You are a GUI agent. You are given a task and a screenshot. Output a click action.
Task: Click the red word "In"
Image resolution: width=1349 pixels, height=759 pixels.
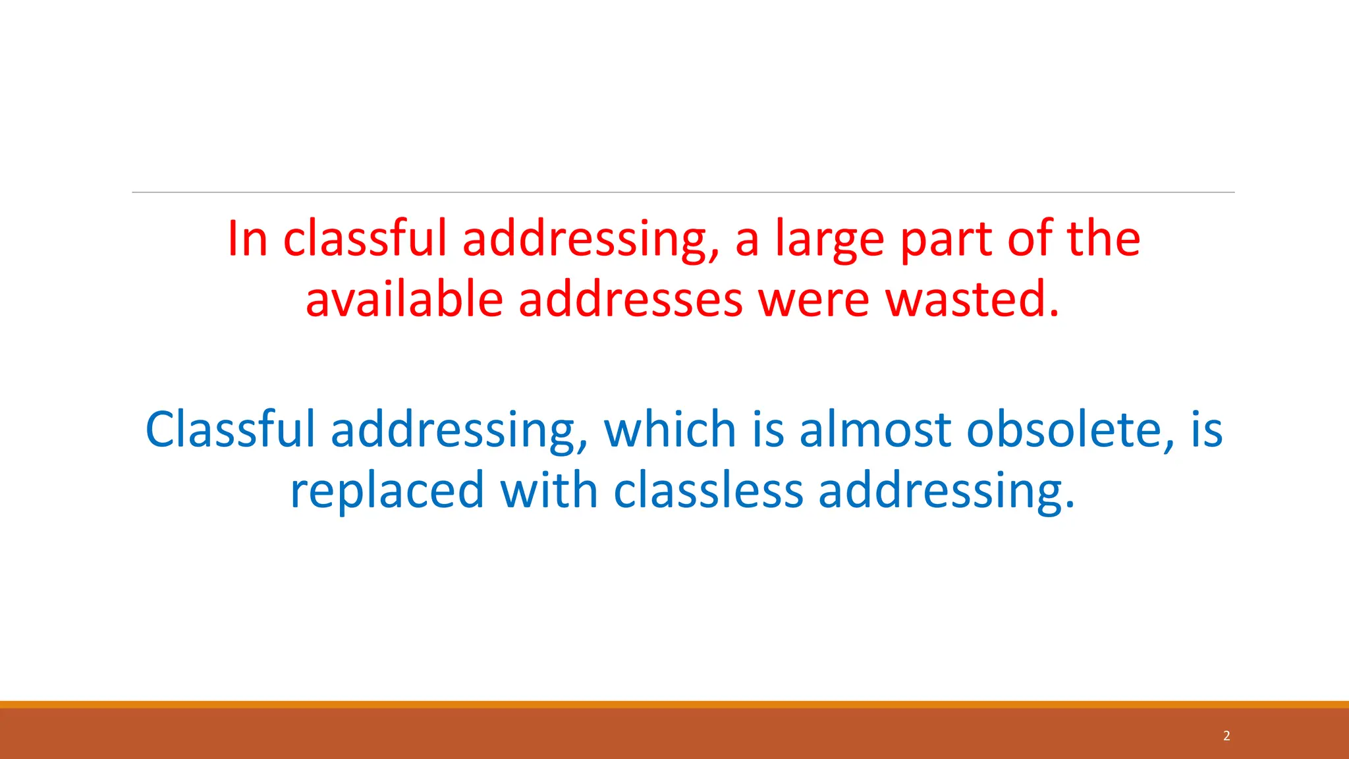click(247, 239)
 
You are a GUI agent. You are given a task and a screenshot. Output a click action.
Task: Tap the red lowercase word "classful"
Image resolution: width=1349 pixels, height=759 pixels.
click(365, 239)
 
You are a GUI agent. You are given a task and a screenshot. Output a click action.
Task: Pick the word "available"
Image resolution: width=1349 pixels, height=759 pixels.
click(404, 300)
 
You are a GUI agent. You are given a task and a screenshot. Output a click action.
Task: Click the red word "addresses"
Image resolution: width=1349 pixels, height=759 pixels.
click(630, 300)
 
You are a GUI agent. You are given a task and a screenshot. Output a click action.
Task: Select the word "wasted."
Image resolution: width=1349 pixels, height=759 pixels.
click(972, 300)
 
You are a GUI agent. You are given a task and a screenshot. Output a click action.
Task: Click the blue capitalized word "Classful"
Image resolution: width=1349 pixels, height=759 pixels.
click(230, 430)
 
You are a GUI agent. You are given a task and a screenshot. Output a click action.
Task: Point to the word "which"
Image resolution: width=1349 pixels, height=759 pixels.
click(670, 430)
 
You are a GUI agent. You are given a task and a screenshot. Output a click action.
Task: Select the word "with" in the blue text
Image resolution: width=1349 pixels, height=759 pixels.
click(549, 490)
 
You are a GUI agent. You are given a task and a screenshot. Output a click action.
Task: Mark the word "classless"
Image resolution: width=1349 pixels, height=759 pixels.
click(708, 490)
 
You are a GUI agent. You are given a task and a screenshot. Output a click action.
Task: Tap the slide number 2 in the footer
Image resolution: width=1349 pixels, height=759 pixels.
click(1226, 736)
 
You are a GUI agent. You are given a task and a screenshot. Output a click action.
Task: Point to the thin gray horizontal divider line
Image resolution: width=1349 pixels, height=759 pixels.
click(683, 192)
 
